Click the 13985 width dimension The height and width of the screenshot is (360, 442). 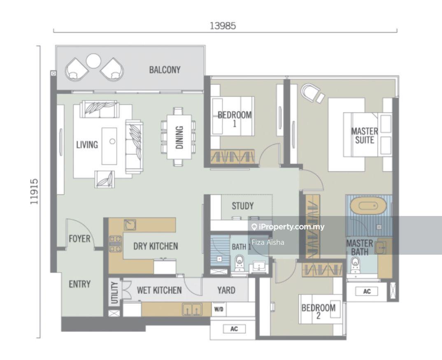[223, 26]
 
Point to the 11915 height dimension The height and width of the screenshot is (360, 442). [35, 192]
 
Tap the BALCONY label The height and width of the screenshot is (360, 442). [165, 70]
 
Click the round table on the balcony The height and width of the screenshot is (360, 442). [93, 61]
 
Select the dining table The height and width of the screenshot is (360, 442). [179, 137]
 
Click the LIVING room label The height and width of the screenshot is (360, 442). [87, 145]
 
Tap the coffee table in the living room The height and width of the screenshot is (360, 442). [109, 146]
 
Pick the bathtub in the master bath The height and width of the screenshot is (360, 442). [368, 207]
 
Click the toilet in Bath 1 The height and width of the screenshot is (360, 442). [240, 263]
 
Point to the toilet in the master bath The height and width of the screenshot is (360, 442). [354, 265]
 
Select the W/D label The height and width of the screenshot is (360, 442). [219, 309]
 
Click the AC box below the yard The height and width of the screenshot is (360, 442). [234, 329]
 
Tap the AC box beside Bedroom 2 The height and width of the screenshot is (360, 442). [367, 291]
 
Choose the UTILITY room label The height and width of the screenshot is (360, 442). [114, 293]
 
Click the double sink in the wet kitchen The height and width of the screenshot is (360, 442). [192, 309]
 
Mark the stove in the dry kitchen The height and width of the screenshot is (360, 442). [116, 244]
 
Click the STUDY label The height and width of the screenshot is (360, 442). [243, 206]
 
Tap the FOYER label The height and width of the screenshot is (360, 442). [79, 239]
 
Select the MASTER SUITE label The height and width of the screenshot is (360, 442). [365, 136]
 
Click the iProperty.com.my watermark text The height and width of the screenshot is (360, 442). [288, 227]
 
